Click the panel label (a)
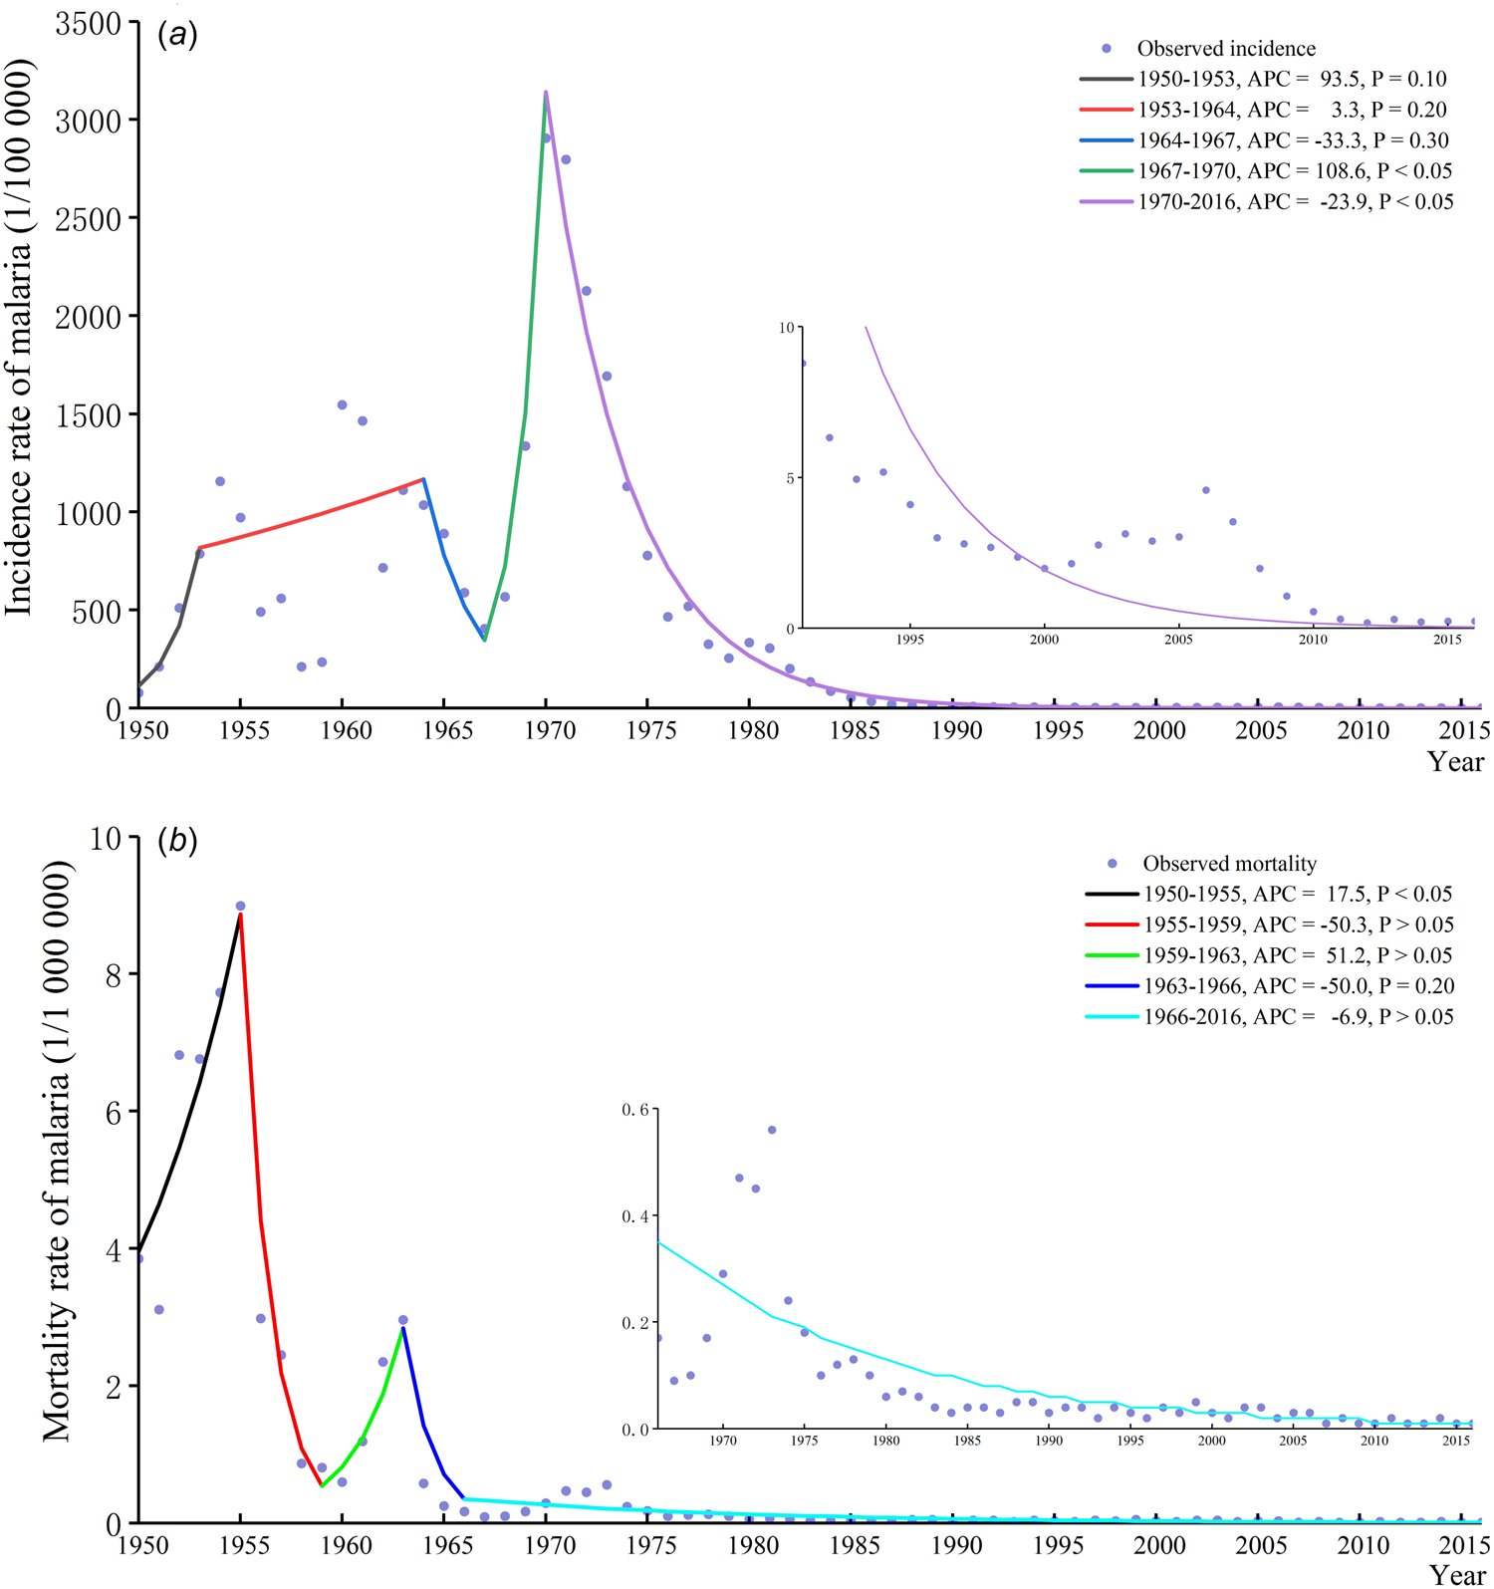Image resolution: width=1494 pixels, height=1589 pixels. tap(177, 36)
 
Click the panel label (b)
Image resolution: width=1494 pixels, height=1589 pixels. tap(177, 841)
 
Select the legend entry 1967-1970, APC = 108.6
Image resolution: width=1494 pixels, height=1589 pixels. tap(1294, 170)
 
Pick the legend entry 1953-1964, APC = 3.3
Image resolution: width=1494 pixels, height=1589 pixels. tap(1292, 110)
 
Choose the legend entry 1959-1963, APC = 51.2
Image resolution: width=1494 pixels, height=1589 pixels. tap(1297, 955)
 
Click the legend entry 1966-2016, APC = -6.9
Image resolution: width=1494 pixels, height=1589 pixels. tap(1297, 1017)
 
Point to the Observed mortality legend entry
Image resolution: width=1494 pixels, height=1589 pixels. tap(1229, 864)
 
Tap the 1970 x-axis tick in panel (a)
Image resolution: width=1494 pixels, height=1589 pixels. tap(547, 730)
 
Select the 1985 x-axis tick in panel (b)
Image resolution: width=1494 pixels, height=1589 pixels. tap(854, 1546)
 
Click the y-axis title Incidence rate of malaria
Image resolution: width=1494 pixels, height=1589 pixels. tap(20, 337)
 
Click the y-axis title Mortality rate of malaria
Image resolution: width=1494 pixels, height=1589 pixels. tap(57, 1152)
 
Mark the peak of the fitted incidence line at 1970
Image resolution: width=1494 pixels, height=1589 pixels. tap(546, 92)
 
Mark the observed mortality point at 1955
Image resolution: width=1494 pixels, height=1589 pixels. tap(240, 907)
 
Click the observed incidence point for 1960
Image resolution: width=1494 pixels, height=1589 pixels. tap(342, 404)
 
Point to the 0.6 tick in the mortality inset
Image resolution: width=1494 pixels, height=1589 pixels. tap(634, 1110)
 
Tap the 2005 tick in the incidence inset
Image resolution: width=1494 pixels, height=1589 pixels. tap(1178, 640)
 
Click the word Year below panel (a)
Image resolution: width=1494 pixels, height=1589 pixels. tap(1455, 762)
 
